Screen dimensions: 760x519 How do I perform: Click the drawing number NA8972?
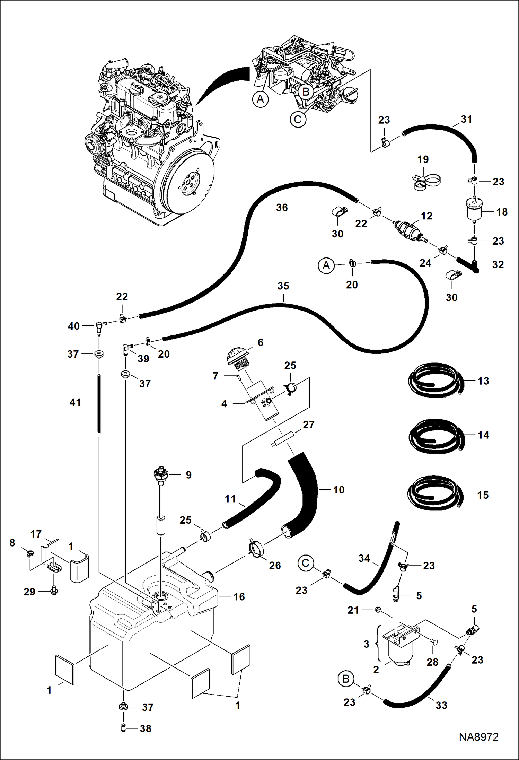click(x=478, y=737)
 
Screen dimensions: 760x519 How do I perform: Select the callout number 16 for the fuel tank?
click(x=239, y=596)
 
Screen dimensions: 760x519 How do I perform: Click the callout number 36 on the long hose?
click(x=282, y=207)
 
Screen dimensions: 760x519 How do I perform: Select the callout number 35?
click(x=283, y=286)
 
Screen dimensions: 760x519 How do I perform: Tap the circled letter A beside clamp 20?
click(x=326, y=266)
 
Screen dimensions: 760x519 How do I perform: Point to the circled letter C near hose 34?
click(x=305, y=563)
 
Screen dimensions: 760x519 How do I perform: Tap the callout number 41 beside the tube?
click(x=75, y=402)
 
